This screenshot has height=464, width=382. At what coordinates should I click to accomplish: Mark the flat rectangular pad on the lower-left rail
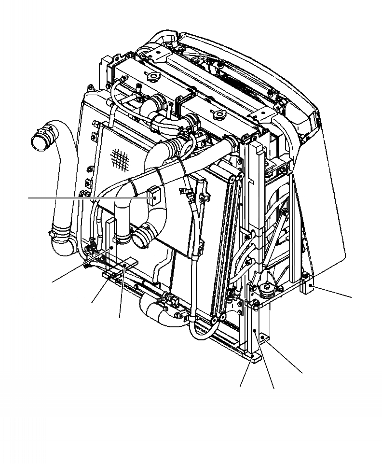[x=126, y=265]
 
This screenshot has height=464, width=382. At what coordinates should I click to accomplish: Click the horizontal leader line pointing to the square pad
[x=87, y=197]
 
